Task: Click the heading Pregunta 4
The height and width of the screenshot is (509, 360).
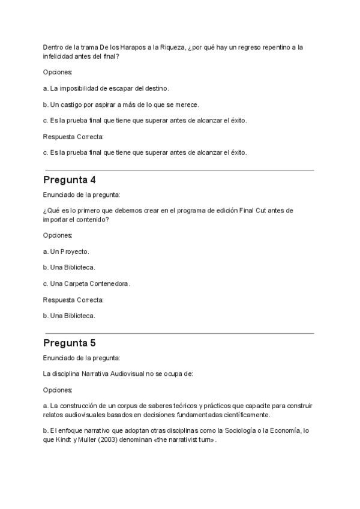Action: [x=70, y=180]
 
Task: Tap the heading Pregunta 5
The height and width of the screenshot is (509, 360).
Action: [x=70, y=343]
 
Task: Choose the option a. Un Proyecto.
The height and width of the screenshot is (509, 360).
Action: [x=66, y=251]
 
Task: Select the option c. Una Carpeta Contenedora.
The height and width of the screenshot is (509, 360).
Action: [x=86, y=283]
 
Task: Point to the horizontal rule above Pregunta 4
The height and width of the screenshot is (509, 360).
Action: [x=179, y=170]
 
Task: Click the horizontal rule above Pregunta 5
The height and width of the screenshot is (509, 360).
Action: [x=179, y=333]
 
